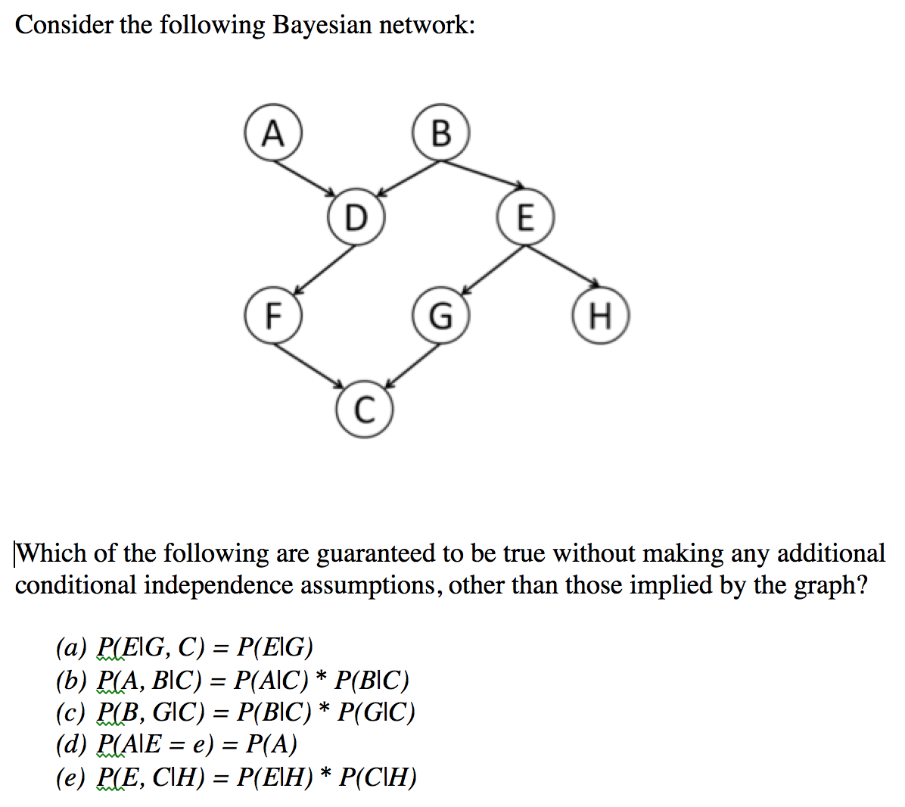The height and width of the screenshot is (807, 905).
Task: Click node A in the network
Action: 273,132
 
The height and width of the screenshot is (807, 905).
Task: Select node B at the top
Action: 441,132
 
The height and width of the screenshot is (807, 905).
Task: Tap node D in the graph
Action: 356,217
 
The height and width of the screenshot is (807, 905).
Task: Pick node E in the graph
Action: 525,217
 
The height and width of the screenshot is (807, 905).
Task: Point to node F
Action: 273,316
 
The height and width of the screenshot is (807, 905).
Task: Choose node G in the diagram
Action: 441,316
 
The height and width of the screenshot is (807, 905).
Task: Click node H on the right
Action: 601,316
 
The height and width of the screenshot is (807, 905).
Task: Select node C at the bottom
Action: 364,410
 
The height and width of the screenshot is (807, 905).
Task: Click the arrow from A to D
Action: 304,179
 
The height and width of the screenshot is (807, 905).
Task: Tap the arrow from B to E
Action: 483,174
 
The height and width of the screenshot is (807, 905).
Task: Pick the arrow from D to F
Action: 325,270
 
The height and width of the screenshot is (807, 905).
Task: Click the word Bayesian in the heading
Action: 322,25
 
